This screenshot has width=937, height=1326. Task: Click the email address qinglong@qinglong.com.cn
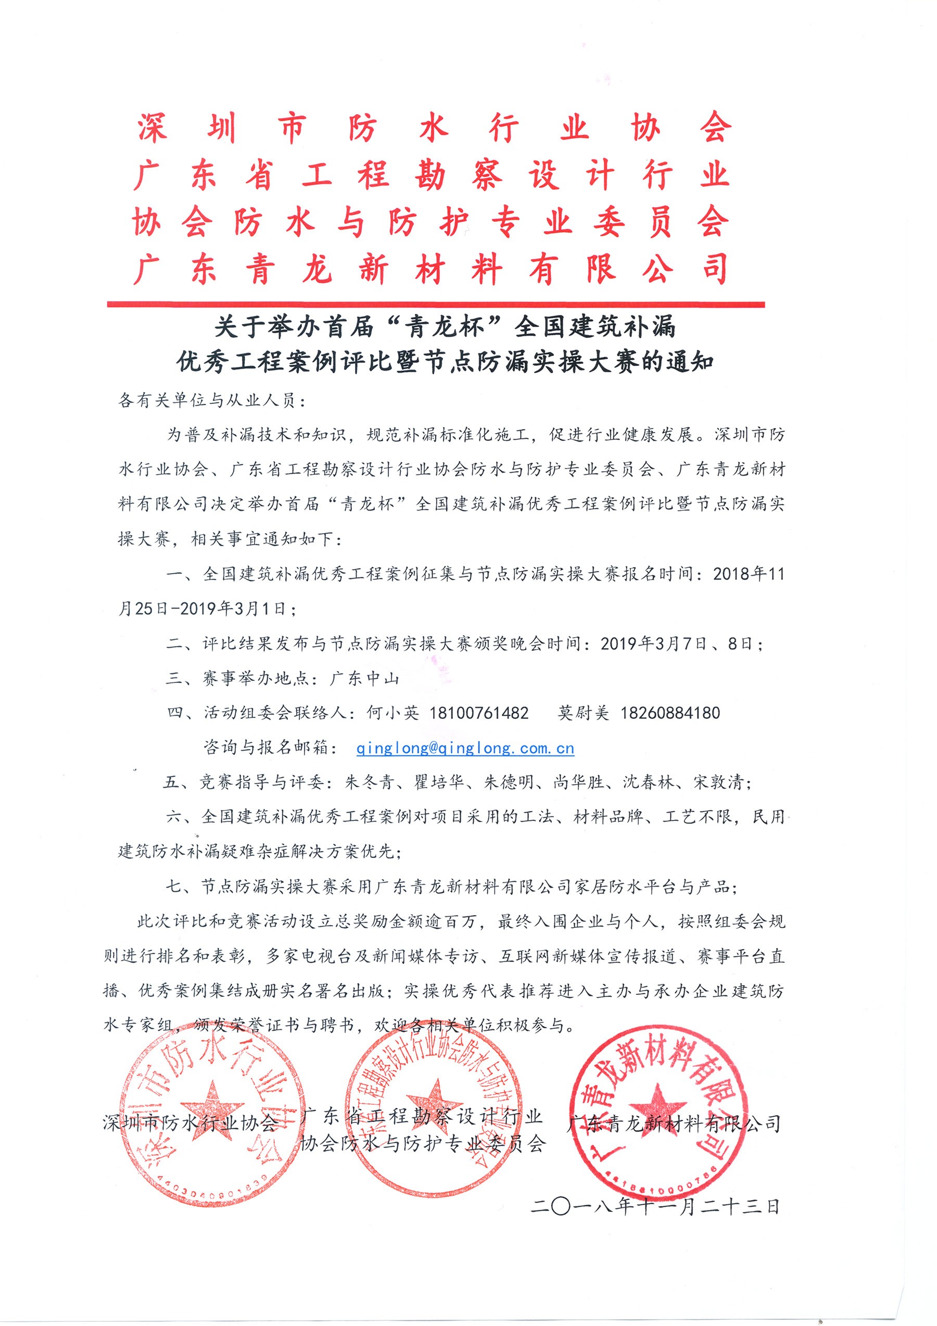pyautogui.click(x=465, y=749)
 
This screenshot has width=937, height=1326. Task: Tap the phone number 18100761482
pyautogui.click(x=478, y=713)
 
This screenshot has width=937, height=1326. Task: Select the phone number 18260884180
pyautogui.click(x=670, y=713)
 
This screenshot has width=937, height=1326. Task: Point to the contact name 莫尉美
pyautogui.click(x=583, y=713)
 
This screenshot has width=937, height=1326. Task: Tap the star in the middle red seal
pyautogui.click(x=434, y=1104)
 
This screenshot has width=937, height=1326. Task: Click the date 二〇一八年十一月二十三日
pyautogui.click(x=655, y=1206)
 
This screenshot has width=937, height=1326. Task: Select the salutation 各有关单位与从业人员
pyautogui.click(x=208, y=400)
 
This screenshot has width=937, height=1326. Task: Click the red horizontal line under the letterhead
pyautogui.click(x=436, y=305)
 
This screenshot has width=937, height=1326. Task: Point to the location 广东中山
pyautogui.click(x=364, y=678)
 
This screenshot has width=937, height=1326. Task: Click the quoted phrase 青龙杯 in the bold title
pyautogui.click(x=445, y=327)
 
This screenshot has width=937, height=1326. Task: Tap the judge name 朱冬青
pyautogui.click(x=370, y=782)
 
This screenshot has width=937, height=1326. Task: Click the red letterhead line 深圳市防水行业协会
pyautogui.click(x=434, y=128)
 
